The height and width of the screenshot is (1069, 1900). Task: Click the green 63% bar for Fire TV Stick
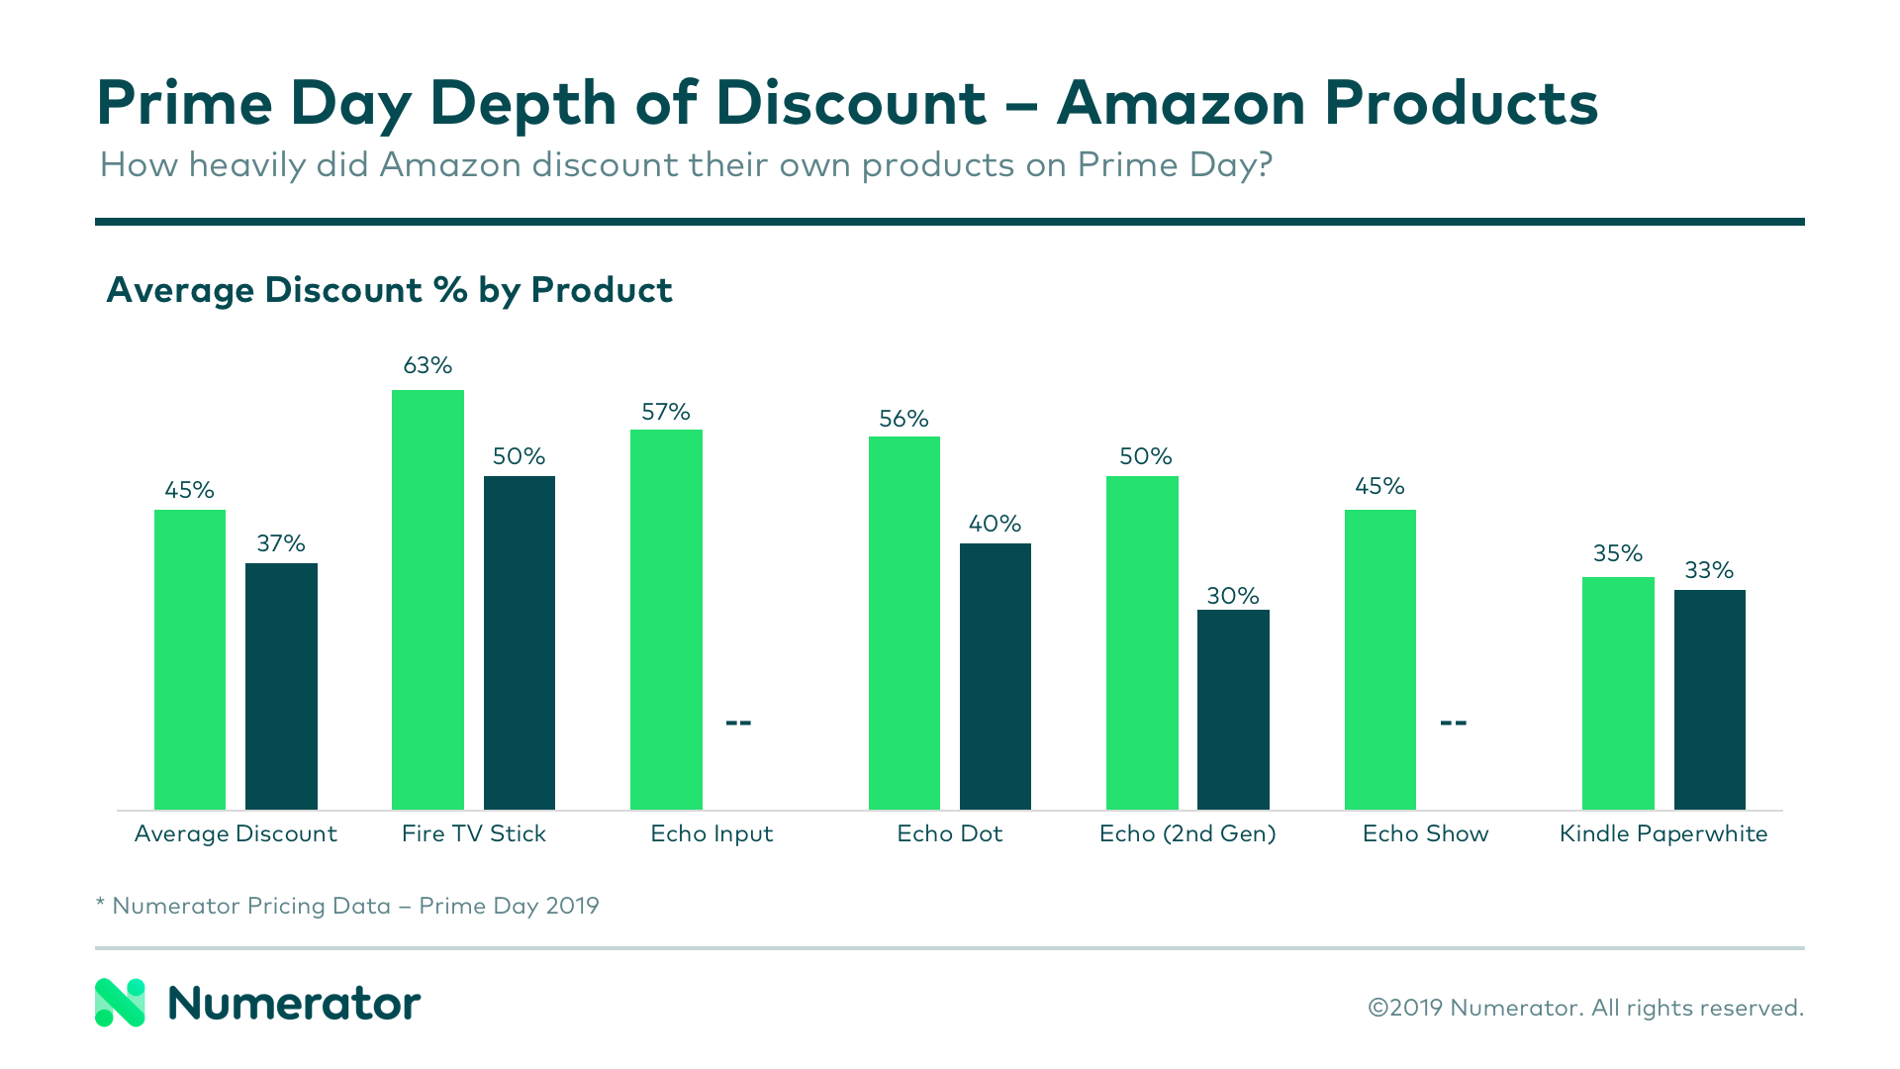pos(427,599)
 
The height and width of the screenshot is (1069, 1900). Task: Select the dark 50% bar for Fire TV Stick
pos(519,642)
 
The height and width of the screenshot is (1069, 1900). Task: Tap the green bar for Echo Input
pos(666,619)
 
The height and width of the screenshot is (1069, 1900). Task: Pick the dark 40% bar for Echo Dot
pos(995,676)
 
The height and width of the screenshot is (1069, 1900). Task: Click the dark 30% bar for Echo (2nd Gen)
pos(1233,710)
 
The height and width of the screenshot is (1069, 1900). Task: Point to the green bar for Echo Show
pos(1379,659)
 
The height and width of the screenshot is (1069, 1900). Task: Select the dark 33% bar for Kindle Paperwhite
pos(1709,700)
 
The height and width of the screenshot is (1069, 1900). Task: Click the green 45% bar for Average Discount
pos(189,659)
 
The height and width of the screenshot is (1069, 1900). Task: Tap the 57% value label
pos(665,412)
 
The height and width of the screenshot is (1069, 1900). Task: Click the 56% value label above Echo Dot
pos(903,419)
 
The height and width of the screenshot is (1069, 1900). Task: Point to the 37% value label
pos(281,543)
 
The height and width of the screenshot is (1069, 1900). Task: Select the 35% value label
pos(1617,553)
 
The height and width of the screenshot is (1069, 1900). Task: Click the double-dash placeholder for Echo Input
pos(738,723)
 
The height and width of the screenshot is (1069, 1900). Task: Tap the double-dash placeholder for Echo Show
pos(1453,723)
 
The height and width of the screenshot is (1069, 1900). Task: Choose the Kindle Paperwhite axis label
pos(1662,833)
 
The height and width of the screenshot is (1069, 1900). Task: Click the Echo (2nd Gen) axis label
pos(1187,833)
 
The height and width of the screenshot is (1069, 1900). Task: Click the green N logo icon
pos(120,1003)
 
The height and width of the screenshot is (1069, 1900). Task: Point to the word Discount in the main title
pos(851,103)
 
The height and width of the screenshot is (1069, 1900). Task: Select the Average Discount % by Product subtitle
pos(389,290)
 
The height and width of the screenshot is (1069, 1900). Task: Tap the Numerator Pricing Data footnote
pos(347,906)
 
